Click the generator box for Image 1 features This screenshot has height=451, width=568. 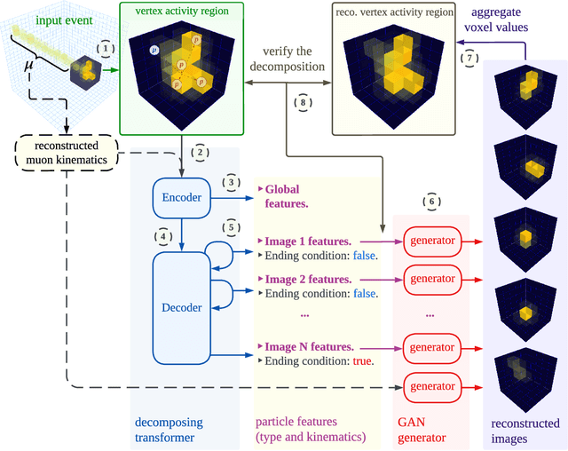[x=432, y=240]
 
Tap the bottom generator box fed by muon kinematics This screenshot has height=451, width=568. [x=432, y=385]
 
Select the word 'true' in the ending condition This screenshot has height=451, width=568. [x=362, y=361]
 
